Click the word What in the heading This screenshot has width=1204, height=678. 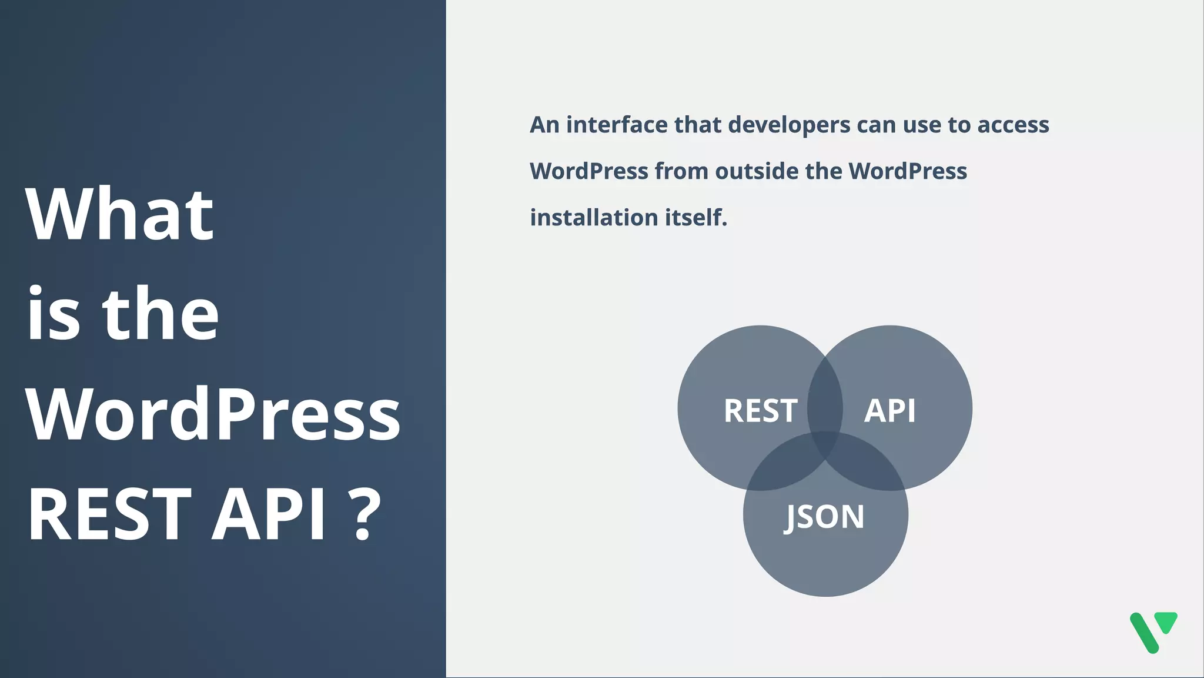[x=119, y=215]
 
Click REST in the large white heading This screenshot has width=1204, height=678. [x=109, y=513]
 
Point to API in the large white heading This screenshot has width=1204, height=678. [x=268, y=513]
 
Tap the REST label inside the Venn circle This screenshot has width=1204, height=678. [x=760, y=410]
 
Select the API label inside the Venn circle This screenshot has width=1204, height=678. [x=889, y=410]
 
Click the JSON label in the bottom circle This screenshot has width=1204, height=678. [x=825, y=517]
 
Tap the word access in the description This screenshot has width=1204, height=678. [x=1013, y=125]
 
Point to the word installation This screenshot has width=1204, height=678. [x=594, y=218]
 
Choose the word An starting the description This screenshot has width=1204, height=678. [x=544, y=125]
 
